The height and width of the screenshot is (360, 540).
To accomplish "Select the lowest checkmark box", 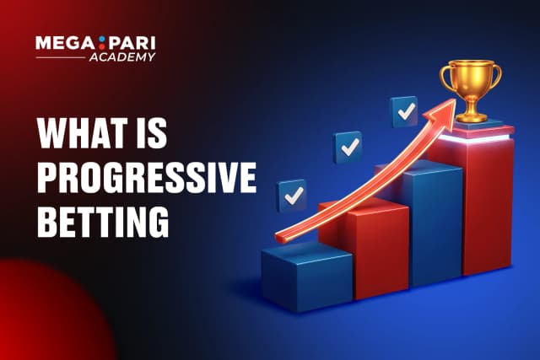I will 293,196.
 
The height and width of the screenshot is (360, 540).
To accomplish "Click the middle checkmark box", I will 348,147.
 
